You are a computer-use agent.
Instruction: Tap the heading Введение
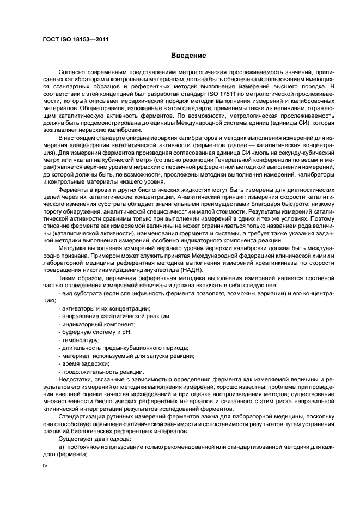point(188,56)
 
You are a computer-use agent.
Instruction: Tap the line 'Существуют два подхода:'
point(91,438)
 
